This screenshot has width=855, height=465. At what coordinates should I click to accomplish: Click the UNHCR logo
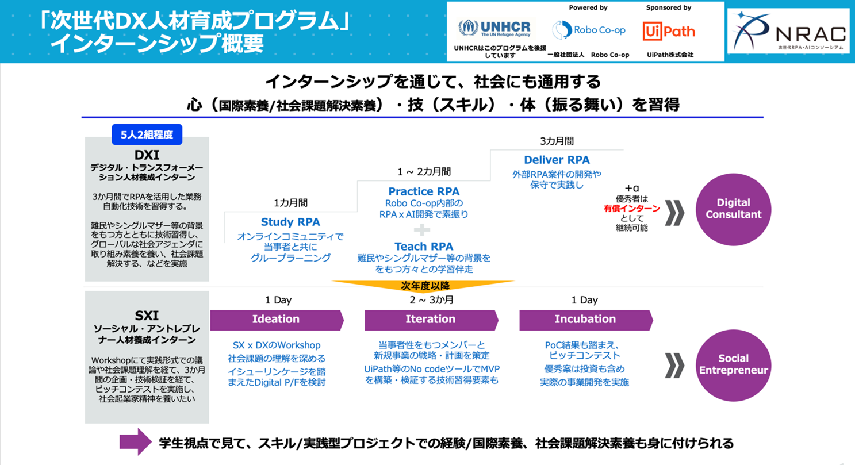(x=494, y=28)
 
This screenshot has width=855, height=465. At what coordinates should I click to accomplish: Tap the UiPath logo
(x=669, y=31)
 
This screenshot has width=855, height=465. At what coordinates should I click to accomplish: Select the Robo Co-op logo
(x=588, y=30)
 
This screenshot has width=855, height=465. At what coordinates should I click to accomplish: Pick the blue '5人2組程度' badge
(x=147, y=135)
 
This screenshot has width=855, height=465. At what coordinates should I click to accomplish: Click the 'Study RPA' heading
(x=290, y=222)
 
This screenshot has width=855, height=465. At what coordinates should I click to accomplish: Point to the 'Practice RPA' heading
(x=424, y=191)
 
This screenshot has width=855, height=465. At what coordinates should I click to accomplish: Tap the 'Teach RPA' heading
(x=424, y=247)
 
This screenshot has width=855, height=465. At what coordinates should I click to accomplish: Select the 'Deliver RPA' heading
(x=557, y=160)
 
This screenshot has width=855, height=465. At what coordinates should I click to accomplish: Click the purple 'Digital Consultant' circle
(x=733, y=209)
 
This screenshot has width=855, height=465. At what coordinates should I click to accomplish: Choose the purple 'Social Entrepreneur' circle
(x=733, y=364)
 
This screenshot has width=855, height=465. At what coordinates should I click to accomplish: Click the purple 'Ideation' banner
(x=276, y=320)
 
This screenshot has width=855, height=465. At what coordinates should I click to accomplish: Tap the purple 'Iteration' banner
(x=430, y=320)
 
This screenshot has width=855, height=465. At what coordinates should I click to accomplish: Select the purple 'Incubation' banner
(x=585, y=320)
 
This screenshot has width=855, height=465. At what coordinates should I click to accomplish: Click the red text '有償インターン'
(x=631, y=208)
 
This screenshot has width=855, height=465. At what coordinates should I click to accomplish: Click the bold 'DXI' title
(x=147, y=156)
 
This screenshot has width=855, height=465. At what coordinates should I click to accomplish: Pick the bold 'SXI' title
(x=147, y=316)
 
